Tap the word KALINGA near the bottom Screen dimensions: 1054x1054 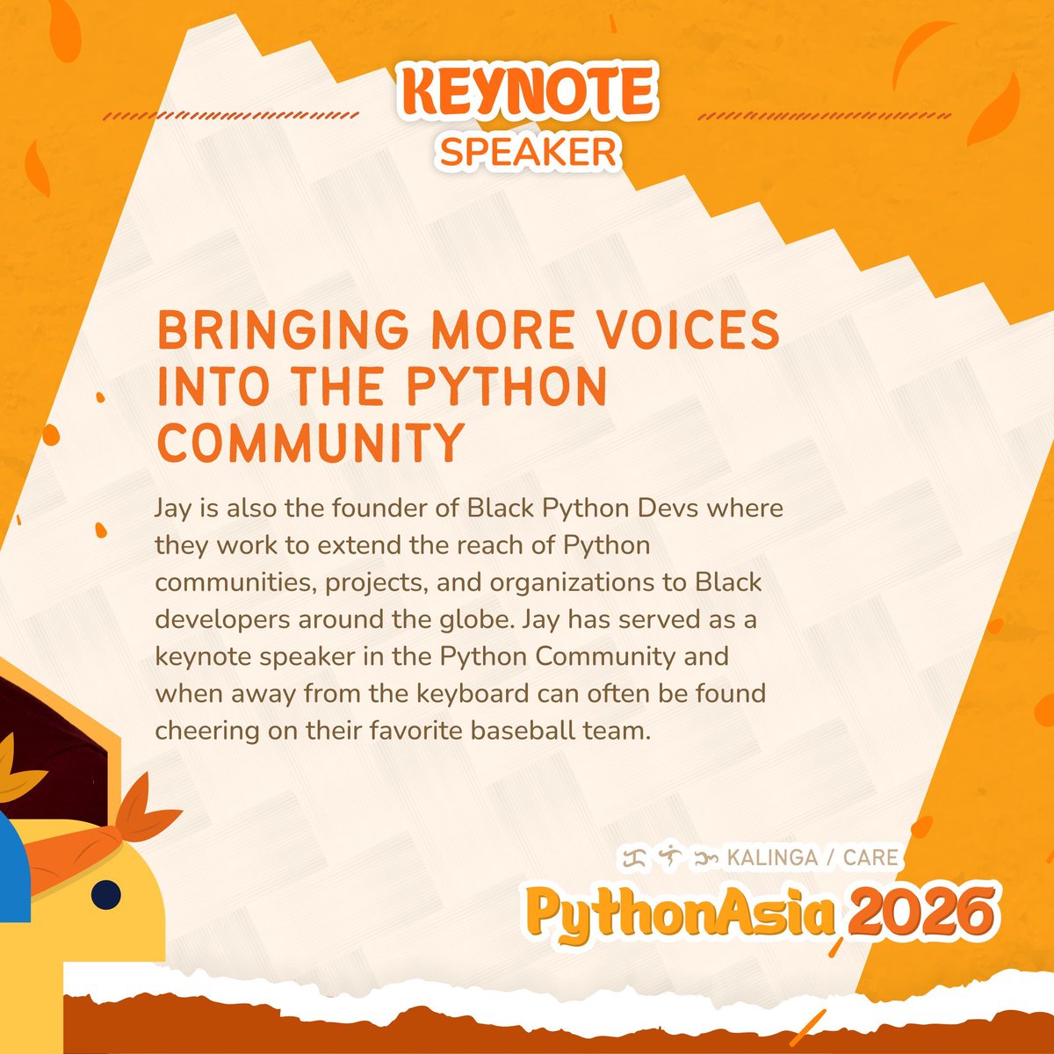tap(773, 857)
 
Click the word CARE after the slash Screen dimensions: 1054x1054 tap(870, 857)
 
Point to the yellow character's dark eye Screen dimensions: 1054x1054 tap(107, 893)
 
